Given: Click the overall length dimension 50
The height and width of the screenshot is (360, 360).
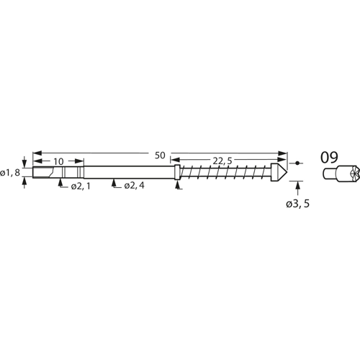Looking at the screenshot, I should pyautogui.click(x=159, y=155).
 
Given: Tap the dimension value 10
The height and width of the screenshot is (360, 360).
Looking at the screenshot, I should pyautogui.click(x=58, y=162).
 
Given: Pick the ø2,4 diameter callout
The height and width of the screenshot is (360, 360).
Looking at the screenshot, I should pyautogui.click(x=134, y=186).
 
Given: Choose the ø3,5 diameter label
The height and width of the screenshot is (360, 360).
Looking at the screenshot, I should pyautogui.click(x=297, y=204).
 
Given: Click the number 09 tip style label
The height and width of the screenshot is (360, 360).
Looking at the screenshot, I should pyautogui.click(x=329, y=156).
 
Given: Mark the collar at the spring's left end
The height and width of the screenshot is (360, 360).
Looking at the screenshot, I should pyautogui.click(x=177, y=174).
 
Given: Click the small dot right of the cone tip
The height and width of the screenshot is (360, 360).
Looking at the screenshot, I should pyautogui.click(x=299, y=163).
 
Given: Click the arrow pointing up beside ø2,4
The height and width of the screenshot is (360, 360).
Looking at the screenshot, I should pyautogui.click(x=114, y=184).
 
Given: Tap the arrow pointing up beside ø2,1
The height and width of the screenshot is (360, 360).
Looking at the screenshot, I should pyautogui.click(x=60, y=184).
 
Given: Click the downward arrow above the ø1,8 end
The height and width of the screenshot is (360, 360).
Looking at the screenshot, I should pyautogui.click(x=26, y=161).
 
